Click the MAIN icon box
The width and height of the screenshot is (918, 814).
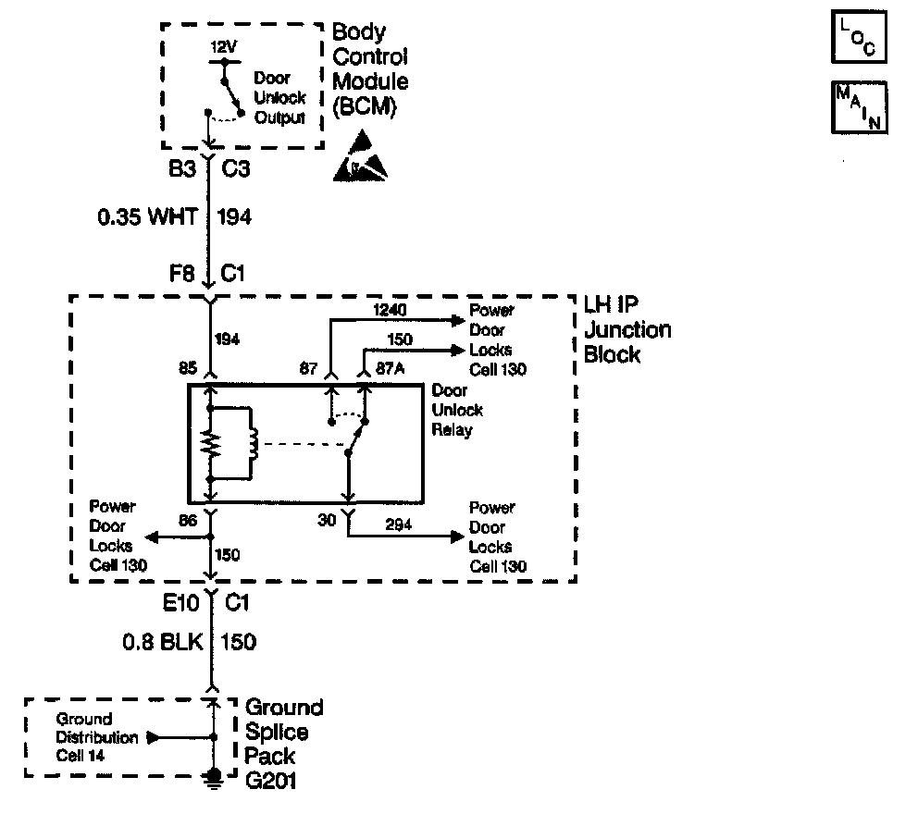click(860, 107)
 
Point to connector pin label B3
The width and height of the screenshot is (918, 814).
click(180, 171)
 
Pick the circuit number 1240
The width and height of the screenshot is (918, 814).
click(390, 311)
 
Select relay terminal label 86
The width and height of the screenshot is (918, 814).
click(188, 521)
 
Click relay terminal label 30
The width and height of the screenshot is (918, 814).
click(328, 521)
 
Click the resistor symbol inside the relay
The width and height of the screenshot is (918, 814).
click(211, 444)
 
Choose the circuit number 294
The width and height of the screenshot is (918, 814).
click(398, 525)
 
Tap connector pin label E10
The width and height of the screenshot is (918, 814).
click(181, 604)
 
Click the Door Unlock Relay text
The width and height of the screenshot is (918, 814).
click(456, 411)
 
